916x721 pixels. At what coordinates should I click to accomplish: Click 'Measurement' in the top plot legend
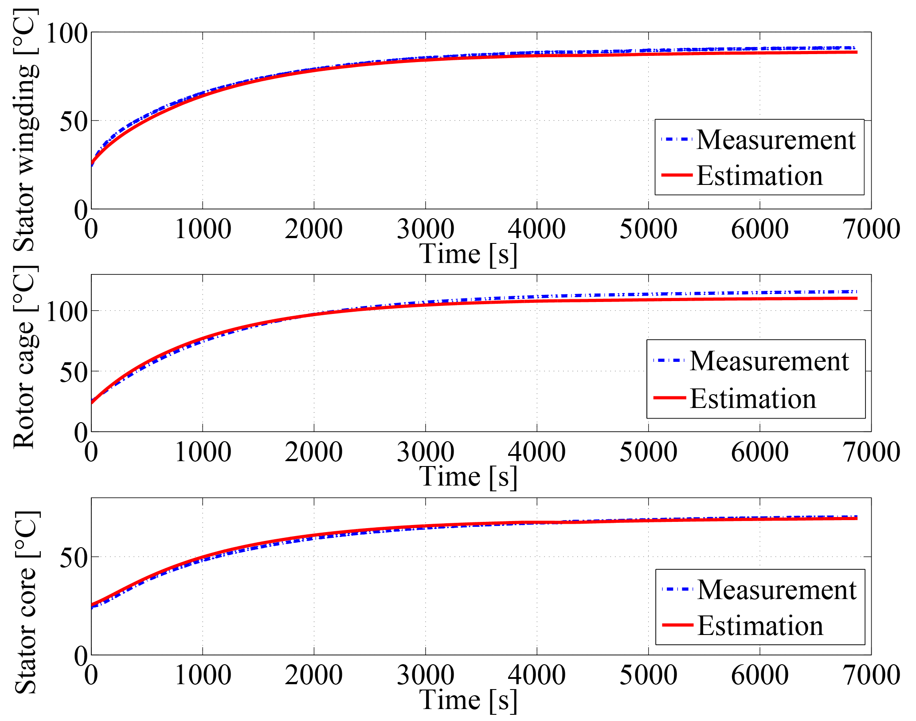click(776, 140)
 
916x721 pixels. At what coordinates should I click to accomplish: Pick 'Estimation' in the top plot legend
click(759, 176)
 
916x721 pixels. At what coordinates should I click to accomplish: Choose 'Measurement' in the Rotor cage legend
click(769, 361)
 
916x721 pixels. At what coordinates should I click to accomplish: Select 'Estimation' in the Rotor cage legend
click(753, 399)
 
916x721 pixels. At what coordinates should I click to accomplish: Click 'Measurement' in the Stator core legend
click(777, 590)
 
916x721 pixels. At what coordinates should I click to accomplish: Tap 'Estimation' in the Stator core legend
click(760, 626)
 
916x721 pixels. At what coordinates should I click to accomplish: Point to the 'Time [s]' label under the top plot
click(468, 254)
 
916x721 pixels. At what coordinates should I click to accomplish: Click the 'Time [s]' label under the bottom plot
click(468, 700)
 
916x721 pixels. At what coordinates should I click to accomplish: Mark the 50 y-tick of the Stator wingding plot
click(74, 121)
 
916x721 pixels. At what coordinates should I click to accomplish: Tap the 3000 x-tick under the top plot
click(425, 230)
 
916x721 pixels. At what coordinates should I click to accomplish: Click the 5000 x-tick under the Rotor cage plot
click(648, 452)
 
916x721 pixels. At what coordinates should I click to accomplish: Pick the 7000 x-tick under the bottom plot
click(872, 675)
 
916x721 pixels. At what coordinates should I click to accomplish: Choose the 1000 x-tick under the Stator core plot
click(203, 675)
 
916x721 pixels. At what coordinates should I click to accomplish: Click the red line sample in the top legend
click(677, 175)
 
